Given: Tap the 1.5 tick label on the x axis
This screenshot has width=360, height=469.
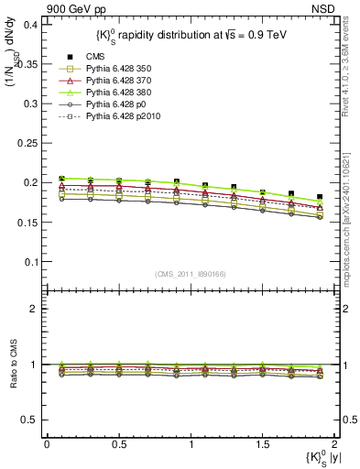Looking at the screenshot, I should (x=263, y=444).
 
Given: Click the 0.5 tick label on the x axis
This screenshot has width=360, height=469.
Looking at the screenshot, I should (x=118, y=444).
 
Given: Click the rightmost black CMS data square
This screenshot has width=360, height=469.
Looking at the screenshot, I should (x=320, y=197).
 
